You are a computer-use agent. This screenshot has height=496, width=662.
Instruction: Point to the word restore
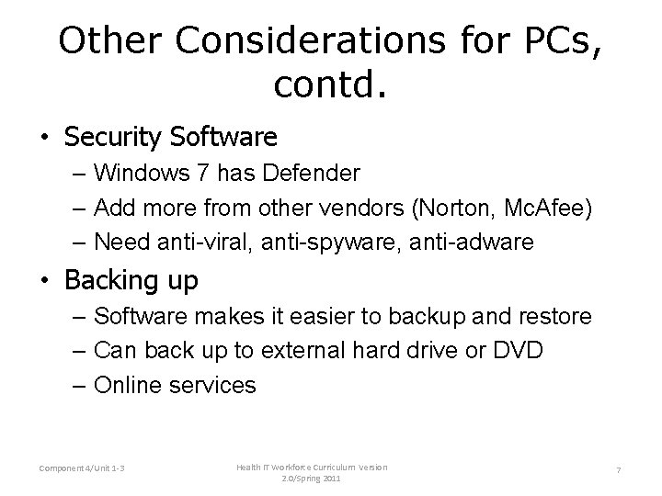click(553, 316)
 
